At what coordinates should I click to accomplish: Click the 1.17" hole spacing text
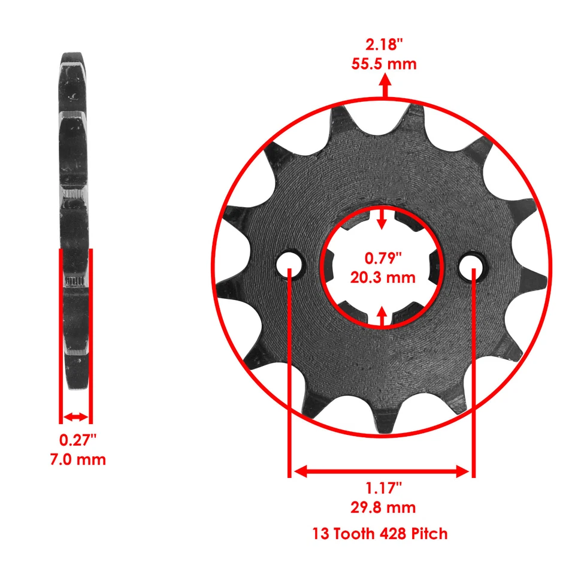tap(382, 488)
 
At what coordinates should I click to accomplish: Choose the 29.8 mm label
tap(382, 507)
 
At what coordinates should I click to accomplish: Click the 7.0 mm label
tap(77, 459)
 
